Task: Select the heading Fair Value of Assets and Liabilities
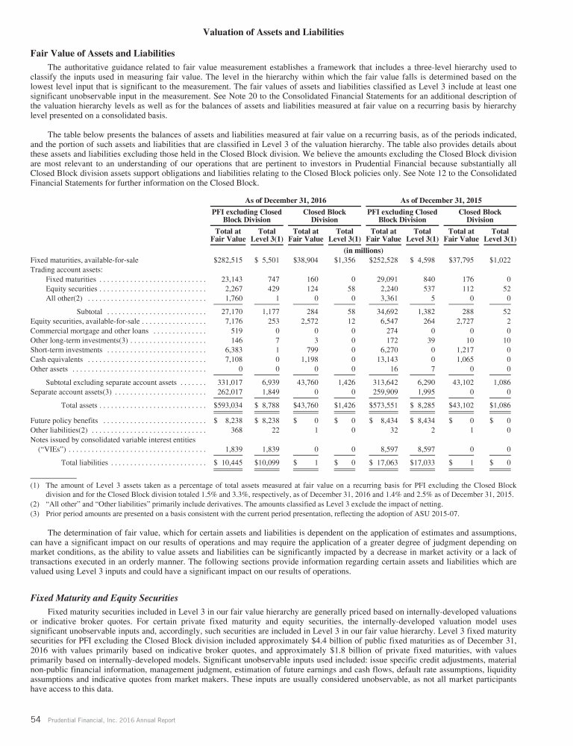pos(102,53)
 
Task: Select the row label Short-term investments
pos(64,348)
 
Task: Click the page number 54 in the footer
pos(35,721)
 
